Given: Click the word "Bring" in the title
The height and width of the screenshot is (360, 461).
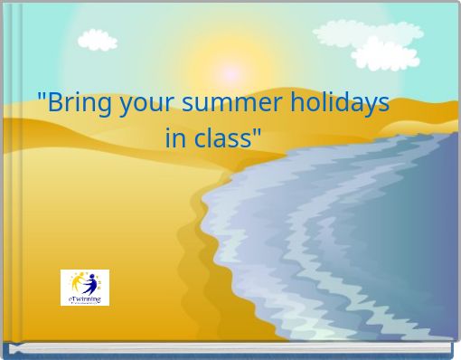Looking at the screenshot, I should [x=74, y=102].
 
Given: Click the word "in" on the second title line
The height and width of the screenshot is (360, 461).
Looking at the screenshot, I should [x=175, y=139].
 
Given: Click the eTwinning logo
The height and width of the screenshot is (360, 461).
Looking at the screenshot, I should [x=85, y=287].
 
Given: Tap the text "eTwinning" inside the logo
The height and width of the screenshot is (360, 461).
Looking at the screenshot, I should [x=85, y=298].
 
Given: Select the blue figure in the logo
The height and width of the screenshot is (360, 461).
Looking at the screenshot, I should [x=89, y=283].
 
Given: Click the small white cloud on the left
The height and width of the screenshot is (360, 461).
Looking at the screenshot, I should [x=98, y=39].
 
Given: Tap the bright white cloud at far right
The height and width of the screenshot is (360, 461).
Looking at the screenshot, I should [x=386, y=54].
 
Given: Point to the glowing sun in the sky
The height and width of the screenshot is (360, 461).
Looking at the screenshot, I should [x=231, y=71].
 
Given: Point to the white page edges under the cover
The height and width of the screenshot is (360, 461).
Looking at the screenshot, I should [x=230, y=348].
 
